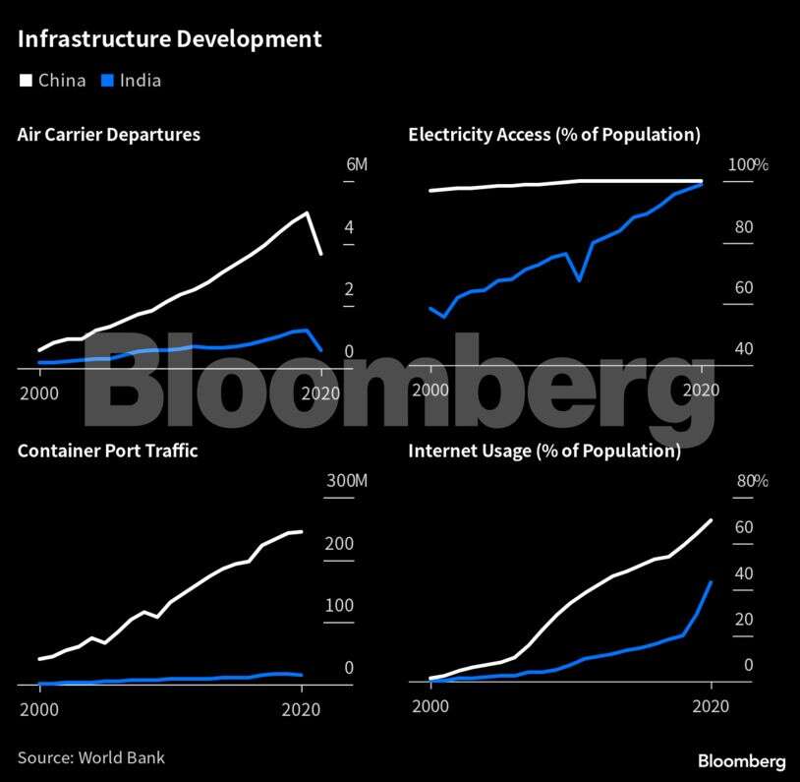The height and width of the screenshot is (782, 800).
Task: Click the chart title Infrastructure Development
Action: pos(169,40)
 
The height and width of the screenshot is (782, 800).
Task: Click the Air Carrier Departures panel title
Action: pos(109,135)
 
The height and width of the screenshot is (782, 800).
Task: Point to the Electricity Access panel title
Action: pos(554,135)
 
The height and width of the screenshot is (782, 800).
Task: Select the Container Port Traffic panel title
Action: pos(108,451)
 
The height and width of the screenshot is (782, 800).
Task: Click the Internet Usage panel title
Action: pos(544,451)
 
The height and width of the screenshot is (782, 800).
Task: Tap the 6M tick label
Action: pos(356,164)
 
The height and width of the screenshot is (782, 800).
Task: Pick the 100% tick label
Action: pos(747,164)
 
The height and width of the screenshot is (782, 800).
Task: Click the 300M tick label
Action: pos(346,481)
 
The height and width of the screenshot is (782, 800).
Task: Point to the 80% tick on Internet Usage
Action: pos(752,481)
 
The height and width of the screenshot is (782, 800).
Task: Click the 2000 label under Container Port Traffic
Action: pos(39,709)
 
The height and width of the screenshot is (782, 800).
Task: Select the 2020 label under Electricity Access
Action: pos(703,391)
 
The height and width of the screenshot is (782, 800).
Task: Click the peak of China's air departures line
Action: pos(308,212)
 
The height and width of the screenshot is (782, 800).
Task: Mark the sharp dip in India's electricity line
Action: pos(579,280)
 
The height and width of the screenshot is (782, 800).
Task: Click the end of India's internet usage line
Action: pos(711,582)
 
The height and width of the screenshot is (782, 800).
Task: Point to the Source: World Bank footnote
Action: pos(91,757)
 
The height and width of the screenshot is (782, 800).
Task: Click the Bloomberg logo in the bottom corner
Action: pos(741,761)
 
